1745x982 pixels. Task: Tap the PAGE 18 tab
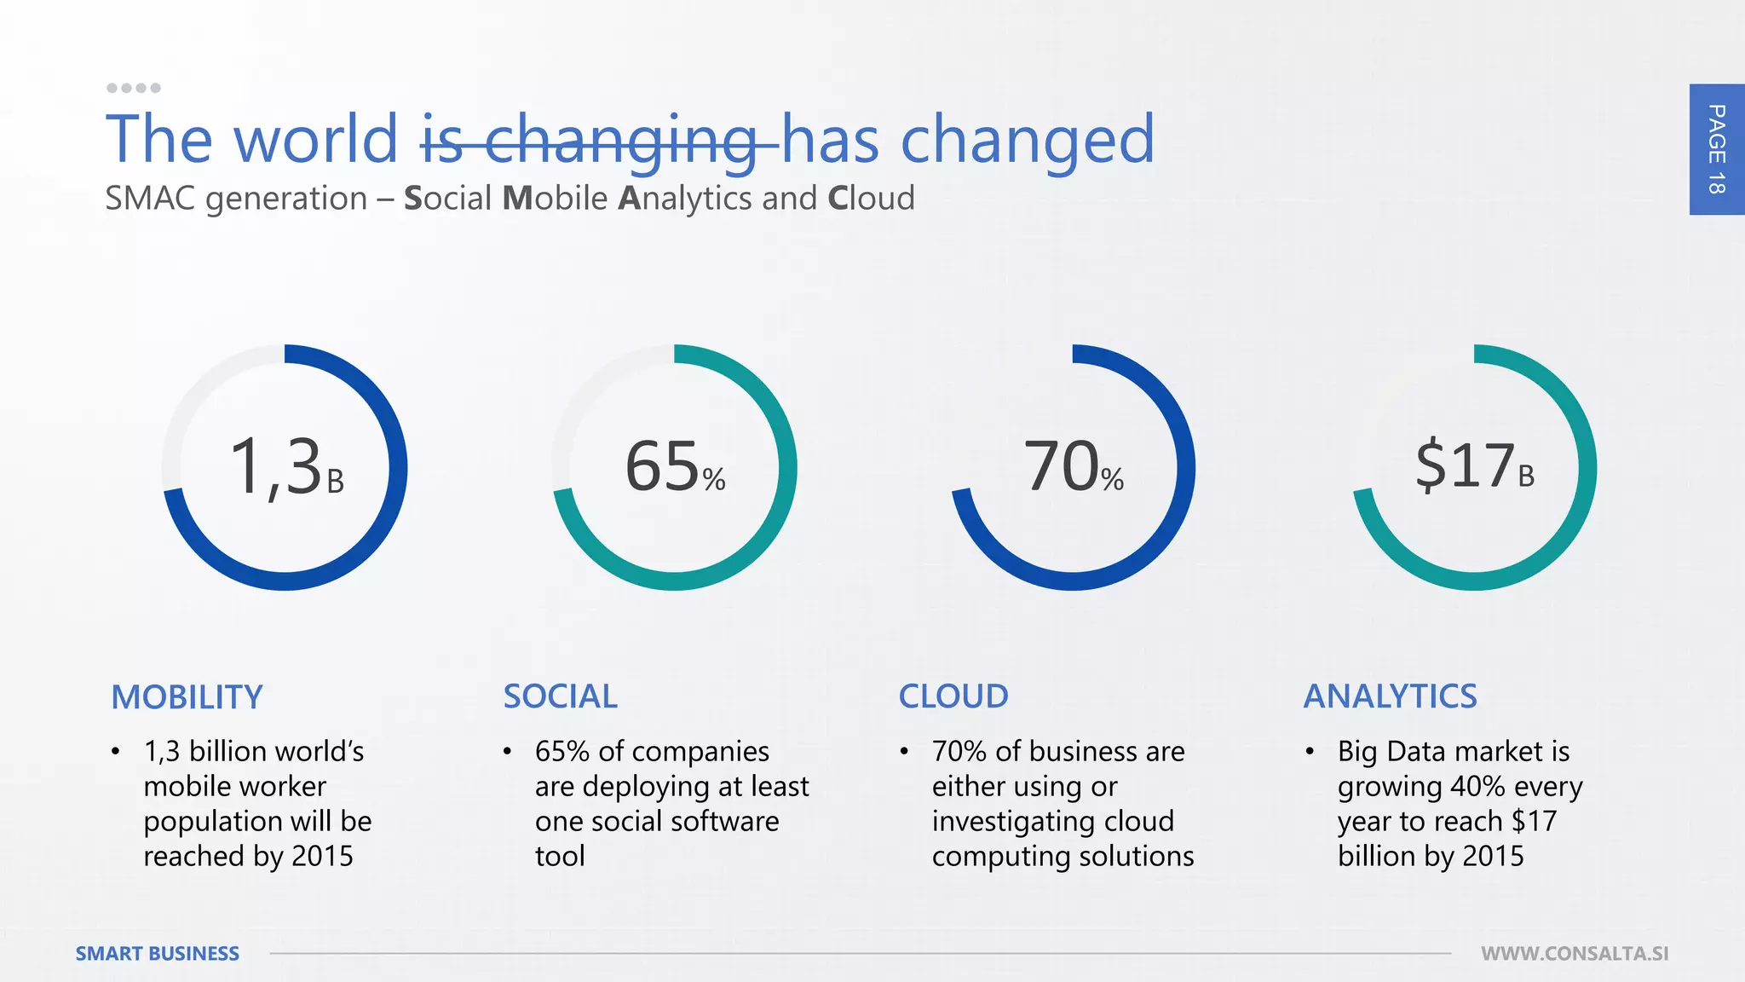tap(1716, 149)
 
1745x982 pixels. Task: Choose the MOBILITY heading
tap(187, 697)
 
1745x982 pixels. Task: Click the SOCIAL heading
tap(560, 696)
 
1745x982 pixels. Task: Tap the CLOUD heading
tap(953, 696)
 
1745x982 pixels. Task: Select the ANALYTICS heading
tap(1390, 696)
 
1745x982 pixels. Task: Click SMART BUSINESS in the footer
tap(157, 954)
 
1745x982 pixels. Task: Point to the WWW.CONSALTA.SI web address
tap(1574, 954)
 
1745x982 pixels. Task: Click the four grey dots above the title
tap(134, 88)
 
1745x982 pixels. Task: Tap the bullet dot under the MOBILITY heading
tap(115, 752)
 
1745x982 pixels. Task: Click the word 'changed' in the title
tap(1027, 140)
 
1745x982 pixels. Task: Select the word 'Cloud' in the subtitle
tap(871, 199)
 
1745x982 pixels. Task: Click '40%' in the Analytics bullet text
tap(1477, 786)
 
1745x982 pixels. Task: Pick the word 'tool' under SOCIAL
tap(560, 856)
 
